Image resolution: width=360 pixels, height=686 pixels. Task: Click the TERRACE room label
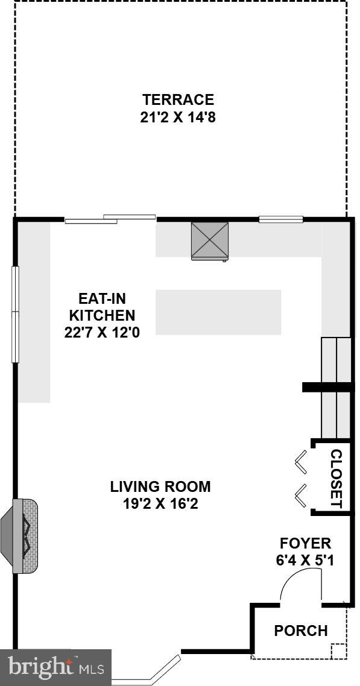(178, 99)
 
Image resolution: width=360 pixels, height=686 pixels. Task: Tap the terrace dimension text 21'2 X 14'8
(178, 118)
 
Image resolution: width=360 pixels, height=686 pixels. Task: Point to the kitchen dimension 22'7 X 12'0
(102, 332)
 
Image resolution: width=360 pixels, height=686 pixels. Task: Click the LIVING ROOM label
(160, 486)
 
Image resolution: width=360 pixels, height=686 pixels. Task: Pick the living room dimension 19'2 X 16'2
(160, 503)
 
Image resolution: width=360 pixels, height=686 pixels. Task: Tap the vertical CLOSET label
(336, 478)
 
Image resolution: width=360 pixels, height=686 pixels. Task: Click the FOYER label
(305, 543)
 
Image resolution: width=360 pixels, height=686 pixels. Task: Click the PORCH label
(301, 631)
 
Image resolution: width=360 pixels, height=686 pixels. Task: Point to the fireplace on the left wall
(24, 536)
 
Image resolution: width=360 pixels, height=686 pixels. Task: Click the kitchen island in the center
(218, 312)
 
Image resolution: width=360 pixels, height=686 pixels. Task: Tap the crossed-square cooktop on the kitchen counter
(210, 241)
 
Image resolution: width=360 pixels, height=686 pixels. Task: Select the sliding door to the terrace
(110, 219)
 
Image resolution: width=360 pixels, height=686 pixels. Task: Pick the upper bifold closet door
(301, 464)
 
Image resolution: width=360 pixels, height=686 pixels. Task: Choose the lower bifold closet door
(301, 496)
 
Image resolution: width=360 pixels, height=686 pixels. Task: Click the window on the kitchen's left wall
(16, 313)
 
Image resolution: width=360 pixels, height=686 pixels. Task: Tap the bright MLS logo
(55, 667)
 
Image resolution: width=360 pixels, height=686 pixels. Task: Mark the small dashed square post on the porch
(338, 652)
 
